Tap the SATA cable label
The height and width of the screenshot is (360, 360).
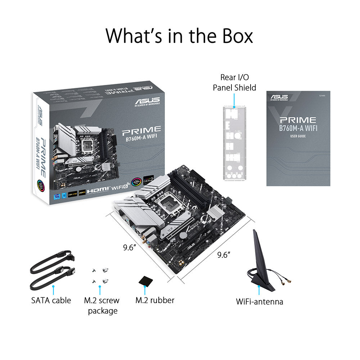click(51, 300)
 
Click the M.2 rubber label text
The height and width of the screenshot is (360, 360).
click(155, 300)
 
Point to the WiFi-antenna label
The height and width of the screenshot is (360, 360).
click(259, 301)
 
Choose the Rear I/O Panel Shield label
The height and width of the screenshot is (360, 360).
click(234, 82)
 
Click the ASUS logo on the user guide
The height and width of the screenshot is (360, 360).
click(279, 97)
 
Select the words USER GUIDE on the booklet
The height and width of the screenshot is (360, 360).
click(298, 137)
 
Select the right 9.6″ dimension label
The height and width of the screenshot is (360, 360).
click(224, 255)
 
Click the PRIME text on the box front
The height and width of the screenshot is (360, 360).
click(141, 129)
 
